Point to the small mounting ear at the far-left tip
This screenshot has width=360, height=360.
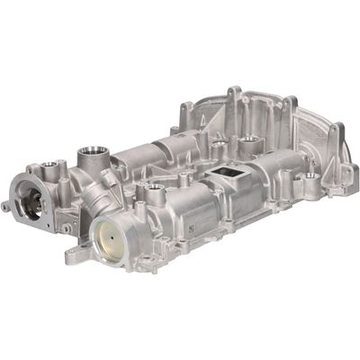(6, 207)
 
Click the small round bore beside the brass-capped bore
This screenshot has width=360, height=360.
(155, 190)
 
